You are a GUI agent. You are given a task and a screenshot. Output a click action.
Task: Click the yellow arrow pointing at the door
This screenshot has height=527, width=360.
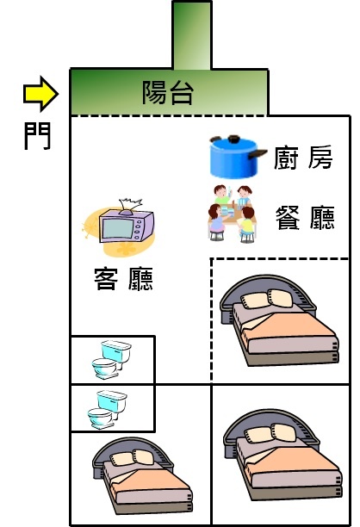click(40, 94)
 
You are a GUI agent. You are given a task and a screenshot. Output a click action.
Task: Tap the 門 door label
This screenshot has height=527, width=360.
click(37, 135)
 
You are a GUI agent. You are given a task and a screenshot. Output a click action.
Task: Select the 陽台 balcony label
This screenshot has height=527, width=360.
click(168, 92)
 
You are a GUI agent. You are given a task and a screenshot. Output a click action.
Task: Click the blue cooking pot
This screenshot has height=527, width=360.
click(235, 157)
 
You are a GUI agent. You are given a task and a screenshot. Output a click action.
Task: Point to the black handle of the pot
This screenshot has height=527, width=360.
click(258, 154)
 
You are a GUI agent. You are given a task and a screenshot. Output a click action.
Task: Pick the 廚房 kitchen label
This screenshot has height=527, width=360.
click(303, 158)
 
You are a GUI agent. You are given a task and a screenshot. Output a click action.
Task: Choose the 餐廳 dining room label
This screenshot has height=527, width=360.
click(305, 218)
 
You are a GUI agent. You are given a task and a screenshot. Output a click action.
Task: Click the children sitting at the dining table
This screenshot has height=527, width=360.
click(232, 213)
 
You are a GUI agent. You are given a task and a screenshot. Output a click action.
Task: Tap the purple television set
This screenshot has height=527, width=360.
click(127, 226)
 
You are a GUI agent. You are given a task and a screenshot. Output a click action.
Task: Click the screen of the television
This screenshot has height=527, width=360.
click(118, 228)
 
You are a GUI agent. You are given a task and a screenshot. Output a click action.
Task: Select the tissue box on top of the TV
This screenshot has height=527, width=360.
click(130, 207)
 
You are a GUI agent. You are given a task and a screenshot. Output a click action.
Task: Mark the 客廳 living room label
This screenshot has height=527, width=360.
click(123, 278)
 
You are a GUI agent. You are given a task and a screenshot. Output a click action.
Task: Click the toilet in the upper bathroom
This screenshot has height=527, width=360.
click(112, 359)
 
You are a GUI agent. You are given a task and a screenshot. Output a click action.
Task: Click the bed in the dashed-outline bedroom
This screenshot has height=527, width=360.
click(279, 320)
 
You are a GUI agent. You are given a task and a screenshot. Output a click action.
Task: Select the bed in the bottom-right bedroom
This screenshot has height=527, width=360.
click(282, 455)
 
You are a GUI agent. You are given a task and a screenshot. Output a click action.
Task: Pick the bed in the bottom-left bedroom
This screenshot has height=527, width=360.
click(142, 475)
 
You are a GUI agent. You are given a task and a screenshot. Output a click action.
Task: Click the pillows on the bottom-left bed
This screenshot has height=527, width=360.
click(132, 457)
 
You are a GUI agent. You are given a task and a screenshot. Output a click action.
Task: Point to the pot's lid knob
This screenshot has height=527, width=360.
click(233, 138)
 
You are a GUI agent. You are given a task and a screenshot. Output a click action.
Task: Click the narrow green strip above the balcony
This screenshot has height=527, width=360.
click(192, 35)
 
